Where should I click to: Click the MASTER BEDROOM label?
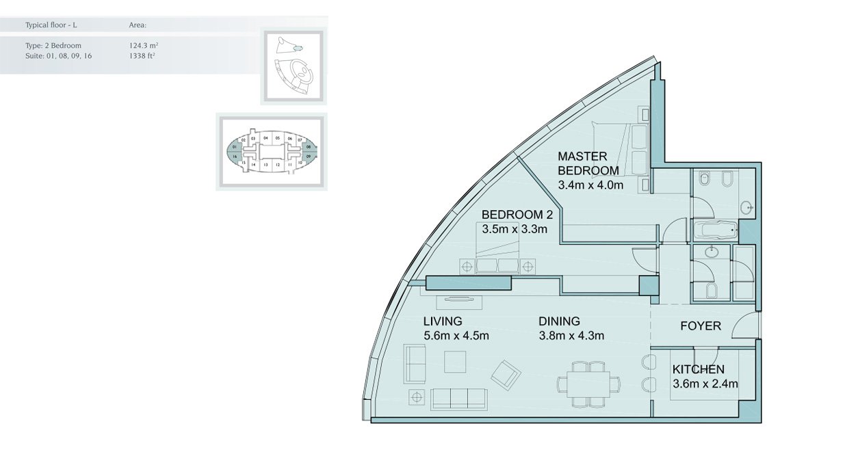588,163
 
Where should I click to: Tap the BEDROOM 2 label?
517,214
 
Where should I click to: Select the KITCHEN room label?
698,369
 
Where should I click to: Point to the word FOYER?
701,326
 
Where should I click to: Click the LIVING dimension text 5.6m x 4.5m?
456,335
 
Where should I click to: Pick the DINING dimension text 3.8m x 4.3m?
571,335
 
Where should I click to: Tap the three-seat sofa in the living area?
459,398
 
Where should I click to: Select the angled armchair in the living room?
506,373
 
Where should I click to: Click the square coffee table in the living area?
455,361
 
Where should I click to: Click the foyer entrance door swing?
745,327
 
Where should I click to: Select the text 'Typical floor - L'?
51,25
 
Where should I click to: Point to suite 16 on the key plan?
235,157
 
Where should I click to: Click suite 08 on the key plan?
309,147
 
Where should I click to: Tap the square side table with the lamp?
416,397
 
